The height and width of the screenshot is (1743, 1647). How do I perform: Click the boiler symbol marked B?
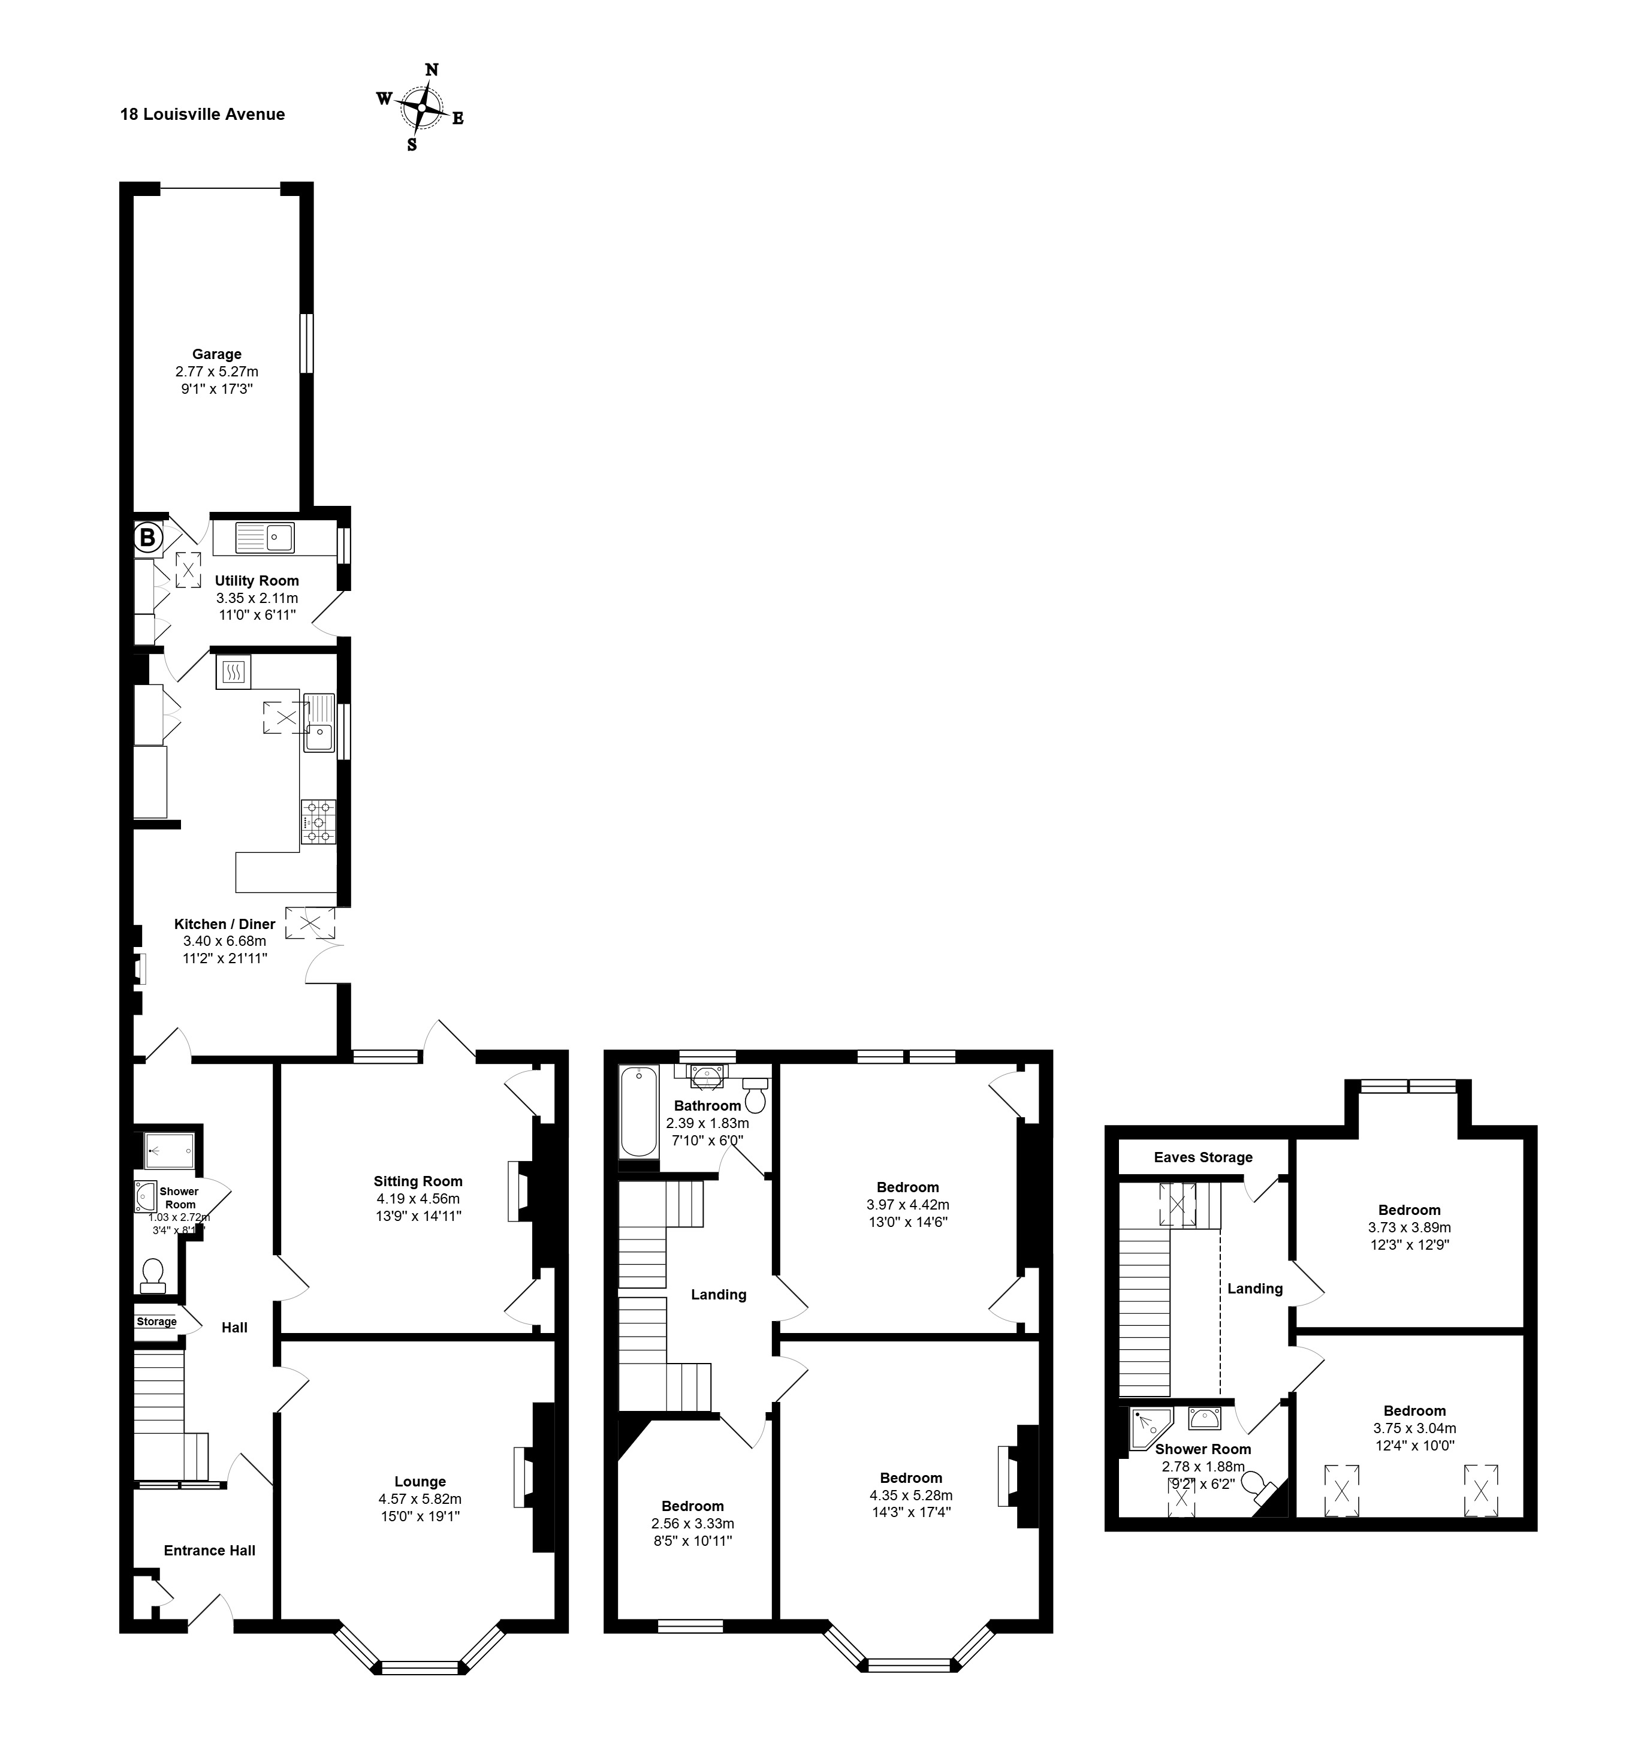tap(147, 538)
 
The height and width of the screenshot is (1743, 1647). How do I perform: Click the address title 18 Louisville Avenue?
tap(203, 114)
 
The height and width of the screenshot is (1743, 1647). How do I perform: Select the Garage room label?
tap(217, 354)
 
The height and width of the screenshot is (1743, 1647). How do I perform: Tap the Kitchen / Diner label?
tap(225, 924)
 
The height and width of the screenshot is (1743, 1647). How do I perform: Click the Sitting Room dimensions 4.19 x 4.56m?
tap(418, 1199)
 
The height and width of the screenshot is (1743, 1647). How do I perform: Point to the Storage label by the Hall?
tap(156, 1322)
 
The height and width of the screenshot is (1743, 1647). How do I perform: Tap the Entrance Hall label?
tap(210, 1550)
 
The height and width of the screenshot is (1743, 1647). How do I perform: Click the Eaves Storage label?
tap(1203, 1157)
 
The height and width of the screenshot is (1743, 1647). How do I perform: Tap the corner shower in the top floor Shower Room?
tap(1150, 1430)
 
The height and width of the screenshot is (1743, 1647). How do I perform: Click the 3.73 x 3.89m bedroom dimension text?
tap(1409, 1228)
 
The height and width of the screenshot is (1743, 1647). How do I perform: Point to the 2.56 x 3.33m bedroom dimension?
tap(693, 1524)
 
